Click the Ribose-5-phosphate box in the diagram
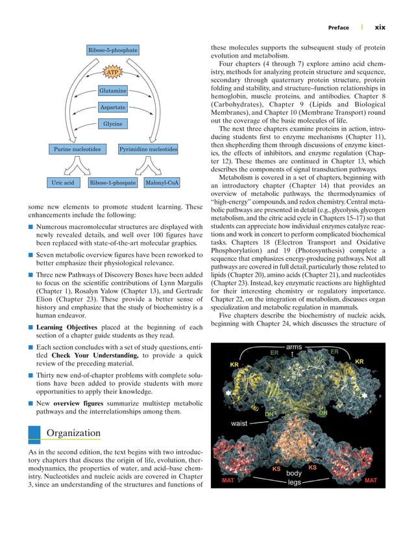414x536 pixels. point(113,50)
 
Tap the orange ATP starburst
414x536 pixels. point(113,71)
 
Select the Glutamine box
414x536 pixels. point(113,91)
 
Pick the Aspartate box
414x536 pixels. point(113,107)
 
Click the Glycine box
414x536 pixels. point(113,124)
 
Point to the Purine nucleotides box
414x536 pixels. point(77,150)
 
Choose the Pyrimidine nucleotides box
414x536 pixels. point(149,150)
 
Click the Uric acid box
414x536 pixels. point(64,183)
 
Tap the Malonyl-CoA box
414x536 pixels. point(162,183)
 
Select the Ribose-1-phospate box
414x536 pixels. point(113,183)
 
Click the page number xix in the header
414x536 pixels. point(380,27)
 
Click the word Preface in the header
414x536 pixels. point(338,27)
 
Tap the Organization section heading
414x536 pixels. point(74,433)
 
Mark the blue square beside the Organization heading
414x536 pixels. point(36,433)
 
